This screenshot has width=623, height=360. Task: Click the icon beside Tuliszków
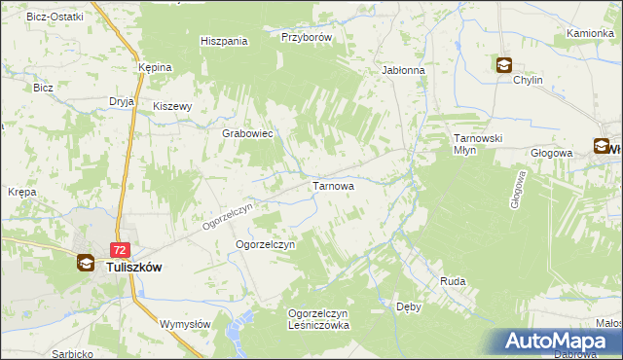pos(87,263)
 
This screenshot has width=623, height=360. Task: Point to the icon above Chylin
pos(504,66)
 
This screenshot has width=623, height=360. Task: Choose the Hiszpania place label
pos(224,41)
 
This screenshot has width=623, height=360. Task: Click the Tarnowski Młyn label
pos(477,145)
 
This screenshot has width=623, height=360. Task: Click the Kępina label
pos(155,67)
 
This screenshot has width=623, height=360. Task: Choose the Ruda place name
pos(453,281)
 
